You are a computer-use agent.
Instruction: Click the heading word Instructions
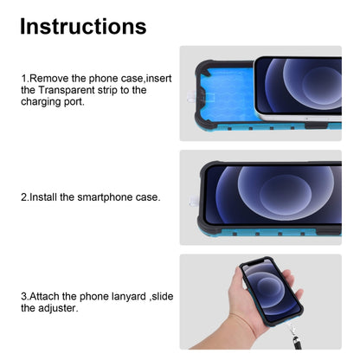coord(83,27)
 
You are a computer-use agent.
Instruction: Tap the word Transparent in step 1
coord(67,90)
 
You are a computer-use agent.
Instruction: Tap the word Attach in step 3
coord(44,296)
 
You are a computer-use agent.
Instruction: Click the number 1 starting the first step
coord(23,79)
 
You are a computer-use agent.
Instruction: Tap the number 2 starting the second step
coord(23,197)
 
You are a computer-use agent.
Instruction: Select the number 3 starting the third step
coord(23,296)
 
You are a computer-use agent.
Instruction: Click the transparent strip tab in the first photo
coord(191,96)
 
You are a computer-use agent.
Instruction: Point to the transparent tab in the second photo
coord(194,201)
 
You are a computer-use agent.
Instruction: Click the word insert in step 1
coord(158,79)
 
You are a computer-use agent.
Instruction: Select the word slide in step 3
coord(163,296)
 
